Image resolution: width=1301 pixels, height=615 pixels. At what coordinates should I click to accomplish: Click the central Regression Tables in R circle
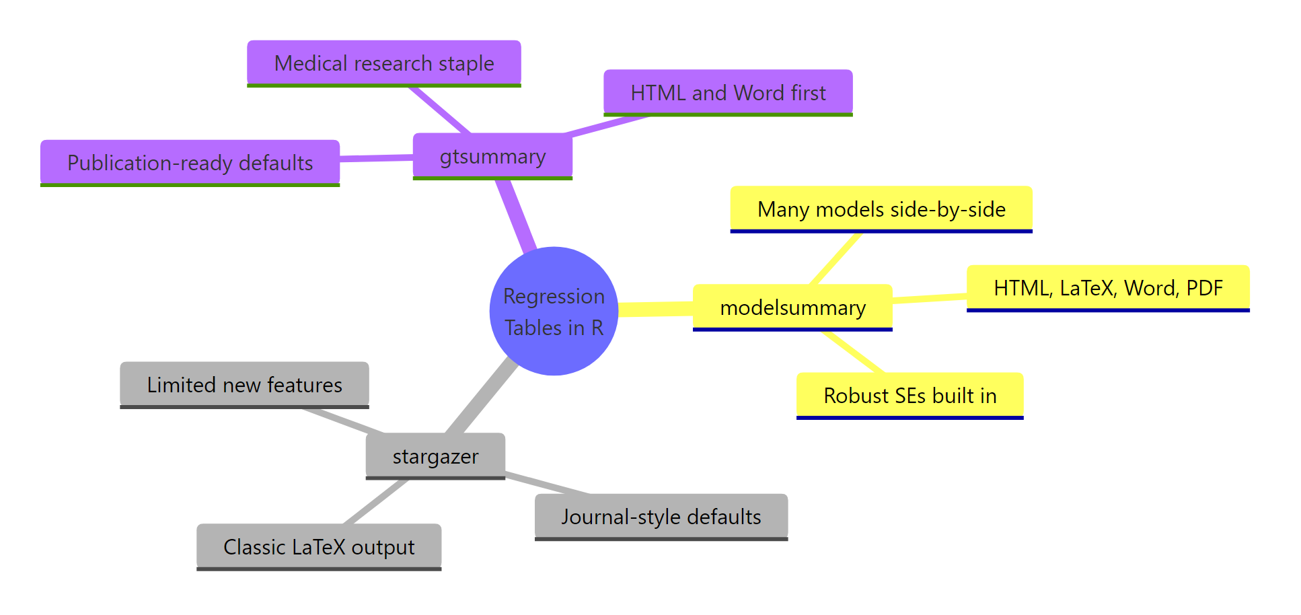[554, 311]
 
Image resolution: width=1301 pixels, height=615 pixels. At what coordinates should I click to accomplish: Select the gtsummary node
[492, 156]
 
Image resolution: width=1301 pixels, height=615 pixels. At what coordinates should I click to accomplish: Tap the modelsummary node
[792, 307]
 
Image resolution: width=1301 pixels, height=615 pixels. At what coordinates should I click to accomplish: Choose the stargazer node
[435, 456]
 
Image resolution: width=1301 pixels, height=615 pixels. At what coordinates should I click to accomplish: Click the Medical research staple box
[383, 63]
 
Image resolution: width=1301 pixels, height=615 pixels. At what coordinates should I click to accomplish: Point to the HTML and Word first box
[728, 93]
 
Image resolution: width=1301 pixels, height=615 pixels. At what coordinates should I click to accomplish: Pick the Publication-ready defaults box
[190, 163]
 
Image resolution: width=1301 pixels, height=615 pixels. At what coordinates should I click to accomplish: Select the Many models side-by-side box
[881, 209]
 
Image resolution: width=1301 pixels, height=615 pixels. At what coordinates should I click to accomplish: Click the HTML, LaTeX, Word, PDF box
[1107, 288]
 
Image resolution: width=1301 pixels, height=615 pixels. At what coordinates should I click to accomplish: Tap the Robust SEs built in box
[909, 396]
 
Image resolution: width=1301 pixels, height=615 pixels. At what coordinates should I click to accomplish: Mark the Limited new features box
[244, 385]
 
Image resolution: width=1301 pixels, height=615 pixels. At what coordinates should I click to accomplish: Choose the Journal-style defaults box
[661, 517]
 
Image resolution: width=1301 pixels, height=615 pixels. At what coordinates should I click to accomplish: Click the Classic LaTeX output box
[319, 547]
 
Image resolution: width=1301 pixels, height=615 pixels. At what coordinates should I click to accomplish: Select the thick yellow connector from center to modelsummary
[656, 309]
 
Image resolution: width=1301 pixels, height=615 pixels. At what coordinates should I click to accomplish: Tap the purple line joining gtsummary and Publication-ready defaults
[376, 158]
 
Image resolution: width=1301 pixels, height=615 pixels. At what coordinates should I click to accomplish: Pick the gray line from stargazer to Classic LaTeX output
[376, 501]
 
